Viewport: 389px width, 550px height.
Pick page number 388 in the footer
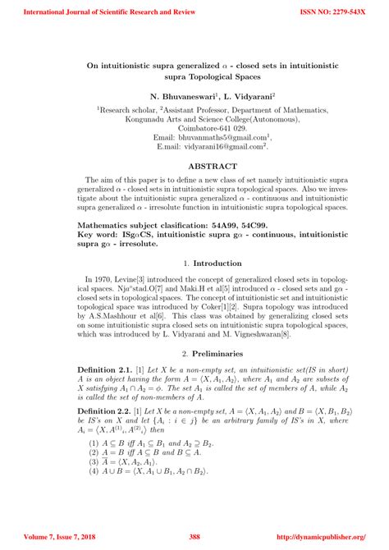click(194, 536)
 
